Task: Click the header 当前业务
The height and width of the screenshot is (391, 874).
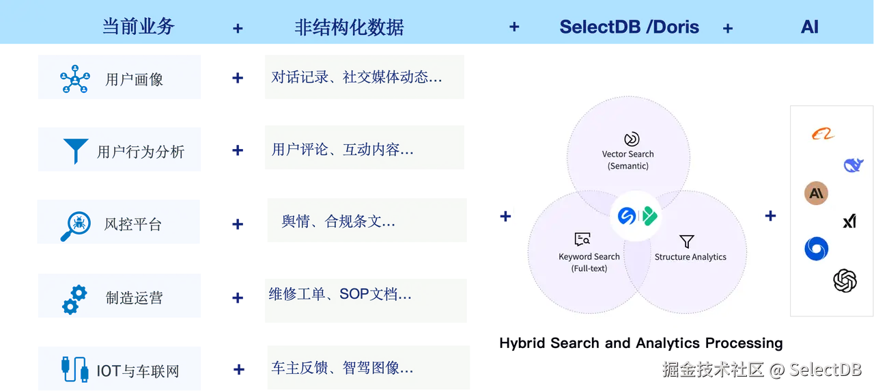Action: tap(139, 27)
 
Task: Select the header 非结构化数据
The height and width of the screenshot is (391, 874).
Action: tap(349, 27)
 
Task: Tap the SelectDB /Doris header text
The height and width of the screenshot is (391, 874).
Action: tap(629, 27)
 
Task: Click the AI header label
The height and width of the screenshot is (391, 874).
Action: tap(809, 27)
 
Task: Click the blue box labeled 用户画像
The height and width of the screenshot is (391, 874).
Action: tap(118, 79)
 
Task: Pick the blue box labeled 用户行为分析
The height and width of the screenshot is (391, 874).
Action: tap(118, 150)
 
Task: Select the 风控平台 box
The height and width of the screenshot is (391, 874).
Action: tap(118, 222)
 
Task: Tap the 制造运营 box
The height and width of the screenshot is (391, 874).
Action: tap(118, 297)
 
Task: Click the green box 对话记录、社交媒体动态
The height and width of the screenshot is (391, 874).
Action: tap(363, 79)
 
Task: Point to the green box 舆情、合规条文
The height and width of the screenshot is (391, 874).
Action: tap(365, 221)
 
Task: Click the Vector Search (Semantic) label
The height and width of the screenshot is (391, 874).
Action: tap(628, 160)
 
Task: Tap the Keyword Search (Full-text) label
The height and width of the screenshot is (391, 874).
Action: tap(589, 262)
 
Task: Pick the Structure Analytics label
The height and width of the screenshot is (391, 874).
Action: tap(690, 257)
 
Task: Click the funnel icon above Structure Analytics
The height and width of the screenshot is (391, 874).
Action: tap(687, 241)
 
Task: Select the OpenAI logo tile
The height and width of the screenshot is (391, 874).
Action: tap(845, 280)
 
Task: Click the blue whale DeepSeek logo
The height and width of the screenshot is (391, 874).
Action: tap(853, 165)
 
